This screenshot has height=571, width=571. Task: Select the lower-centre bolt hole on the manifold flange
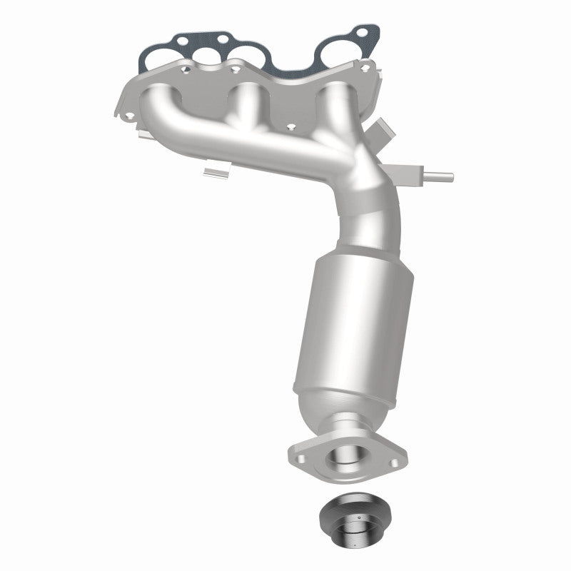click(x=291, y=128)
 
